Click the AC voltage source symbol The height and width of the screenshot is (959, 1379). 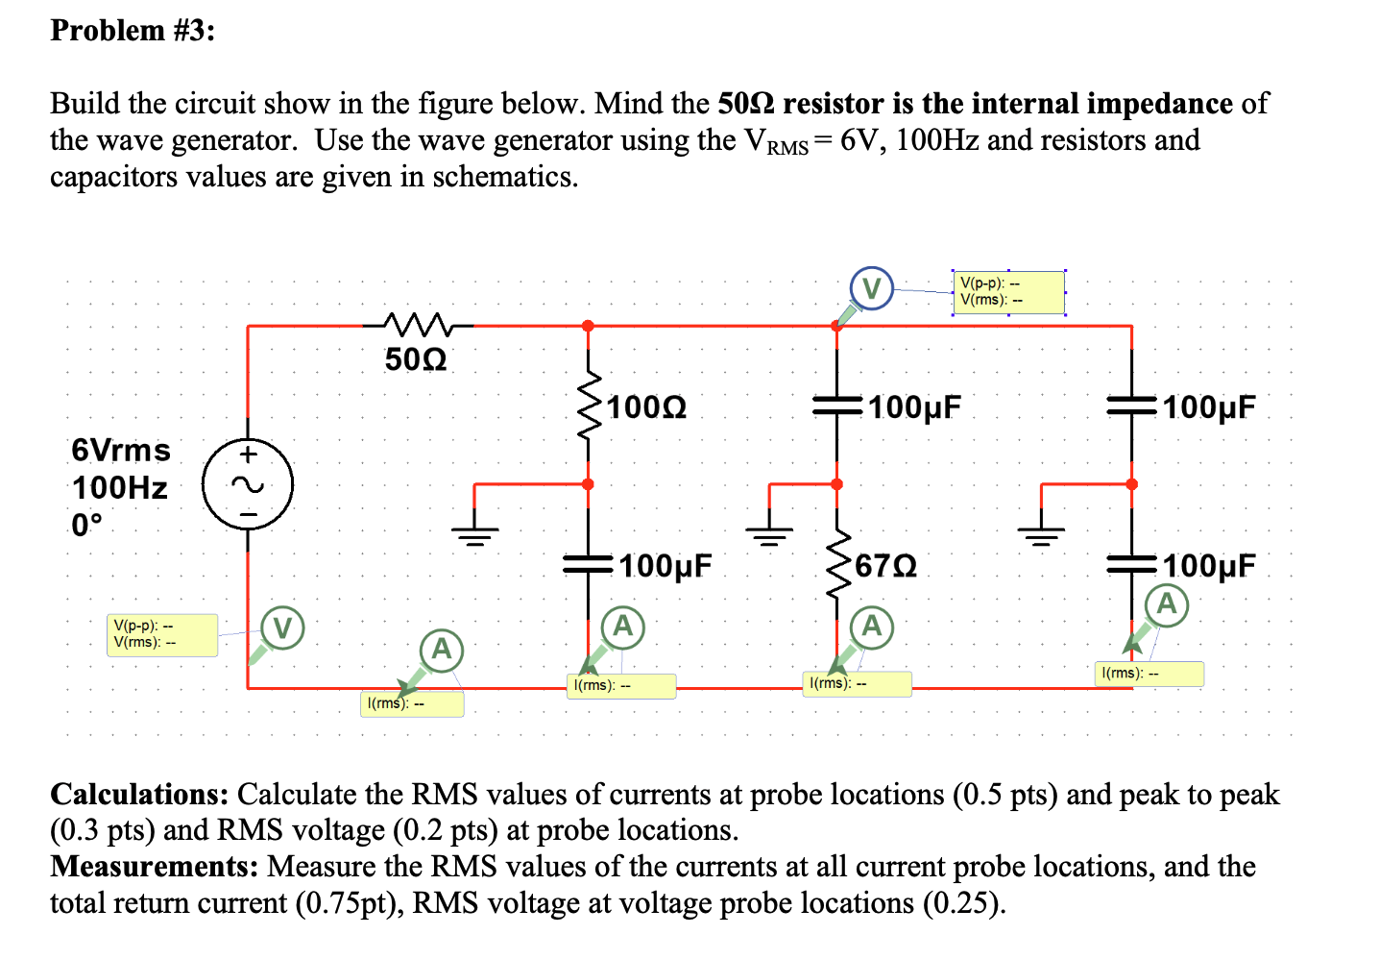coord(248,484)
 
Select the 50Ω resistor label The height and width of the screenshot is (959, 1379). coord(415,359)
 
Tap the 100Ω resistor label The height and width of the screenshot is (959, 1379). coord(646,407)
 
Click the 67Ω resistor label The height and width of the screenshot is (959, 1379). coord(885,566)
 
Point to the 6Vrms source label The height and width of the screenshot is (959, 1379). coord(121,450)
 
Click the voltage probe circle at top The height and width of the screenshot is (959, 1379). coord(871,288)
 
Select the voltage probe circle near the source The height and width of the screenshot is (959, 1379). coord(282,628)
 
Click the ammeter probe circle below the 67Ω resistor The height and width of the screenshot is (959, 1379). coord(871,627)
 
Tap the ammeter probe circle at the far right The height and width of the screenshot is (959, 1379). coord(1166,604)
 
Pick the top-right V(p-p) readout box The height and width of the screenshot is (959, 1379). coord(1008,292)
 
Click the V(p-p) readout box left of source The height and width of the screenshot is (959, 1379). coord(162,635)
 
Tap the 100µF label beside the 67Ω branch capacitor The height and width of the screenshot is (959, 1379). coord(914,407)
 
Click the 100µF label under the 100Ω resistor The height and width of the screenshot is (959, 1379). coord(665,566)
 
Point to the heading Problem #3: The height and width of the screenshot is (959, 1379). coord(133,31)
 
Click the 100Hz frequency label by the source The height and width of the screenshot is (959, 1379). coord(120,488)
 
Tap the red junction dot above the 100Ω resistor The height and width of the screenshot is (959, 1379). coord(588,326)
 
